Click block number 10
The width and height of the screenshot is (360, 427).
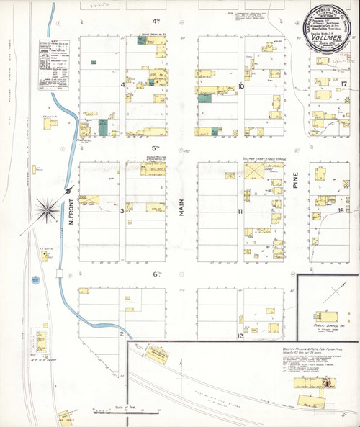click(x=241, y=86)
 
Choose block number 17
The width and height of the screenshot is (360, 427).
click(x=344, y=84)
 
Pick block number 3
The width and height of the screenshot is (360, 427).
click(x=122, y=211)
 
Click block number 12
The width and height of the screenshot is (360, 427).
click(x=241, y=336)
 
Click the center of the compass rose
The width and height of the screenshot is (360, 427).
click(x=50, y=208)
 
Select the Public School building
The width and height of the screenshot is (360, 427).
click(x=322, y=315)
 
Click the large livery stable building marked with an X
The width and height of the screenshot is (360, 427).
click(x=253, y=171)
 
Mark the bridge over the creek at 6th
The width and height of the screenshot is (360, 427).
click(x=60, y=274)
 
